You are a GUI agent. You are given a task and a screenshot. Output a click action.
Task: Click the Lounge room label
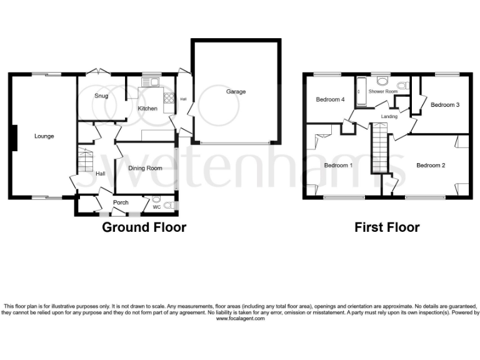(44, 136)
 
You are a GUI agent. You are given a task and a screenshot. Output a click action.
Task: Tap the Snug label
(101, 96)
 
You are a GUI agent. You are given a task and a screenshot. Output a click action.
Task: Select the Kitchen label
(147, 109)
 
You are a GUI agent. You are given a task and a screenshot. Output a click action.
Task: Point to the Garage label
(236, 92)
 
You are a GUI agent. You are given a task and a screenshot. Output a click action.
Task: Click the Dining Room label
(145, 168)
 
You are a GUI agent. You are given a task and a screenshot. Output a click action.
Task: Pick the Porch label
(121, 202)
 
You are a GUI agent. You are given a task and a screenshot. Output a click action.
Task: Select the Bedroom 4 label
(329, 99)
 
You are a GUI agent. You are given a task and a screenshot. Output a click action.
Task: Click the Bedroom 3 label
(445, 105)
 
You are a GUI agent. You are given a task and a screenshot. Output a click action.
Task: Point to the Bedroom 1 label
(338, 165)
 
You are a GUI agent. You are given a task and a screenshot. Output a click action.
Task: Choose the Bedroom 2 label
(431, 165)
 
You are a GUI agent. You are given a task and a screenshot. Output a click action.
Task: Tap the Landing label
(389, 117)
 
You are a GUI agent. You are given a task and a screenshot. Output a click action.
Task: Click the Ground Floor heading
(144, 227)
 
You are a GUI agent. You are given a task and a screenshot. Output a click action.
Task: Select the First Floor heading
(387, 227)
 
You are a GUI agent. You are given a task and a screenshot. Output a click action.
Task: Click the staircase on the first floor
(381, 147)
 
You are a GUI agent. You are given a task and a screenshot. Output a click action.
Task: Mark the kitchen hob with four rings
(168, 98)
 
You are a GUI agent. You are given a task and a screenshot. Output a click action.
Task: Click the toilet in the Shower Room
(404, 86)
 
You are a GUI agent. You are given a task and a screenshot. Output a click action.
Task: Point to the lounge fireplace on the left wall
(12, 137)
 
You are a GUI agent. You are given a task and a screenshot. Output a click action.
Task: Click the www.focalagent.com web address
(240, 319)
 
